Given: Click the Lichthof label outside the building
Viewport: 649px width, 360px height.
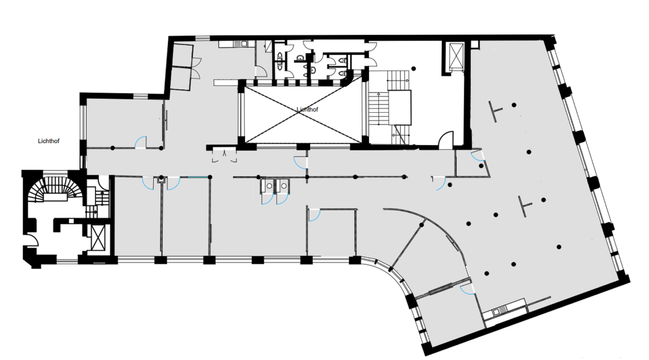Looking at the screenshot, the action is point(48,141).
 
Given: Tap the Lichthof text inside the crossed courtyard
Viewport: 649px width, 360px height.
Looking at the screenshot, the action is point(307,109).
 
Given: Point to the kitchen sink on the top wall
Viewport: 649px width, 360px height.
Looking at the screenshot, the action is point(240,43).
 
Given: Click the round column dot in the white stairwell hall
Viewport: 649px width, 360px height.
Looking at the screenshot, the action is point(413,69).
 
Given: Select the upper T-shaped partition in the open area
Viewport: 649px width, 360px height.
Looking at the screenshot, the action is point(496,111).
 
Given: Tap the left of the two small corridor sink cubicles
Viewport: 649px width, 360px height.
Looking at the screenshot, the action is point(267,186).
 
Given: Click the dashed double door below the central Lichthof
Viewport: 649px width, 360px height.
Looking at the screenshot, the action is point(224,156).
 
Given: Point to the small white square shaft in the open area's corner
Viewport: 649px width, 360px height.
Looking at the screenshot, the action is point(475,44).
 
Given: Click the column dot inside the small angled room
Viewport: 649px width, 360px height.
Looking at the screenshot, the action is point(481,166).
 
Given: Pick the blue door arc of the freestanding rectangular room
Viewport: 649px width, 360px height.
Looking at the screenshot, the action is point(314,216).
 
